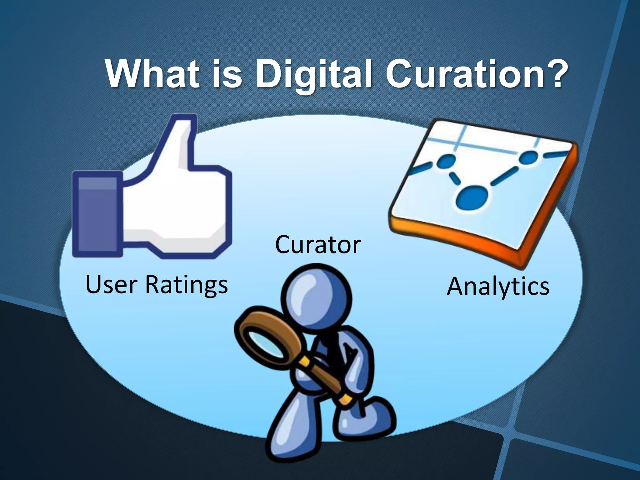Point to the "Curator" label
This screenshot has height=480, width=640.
click(x=318, y=245)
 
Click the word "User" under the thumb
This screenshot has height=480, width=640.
click(x=111, y=284)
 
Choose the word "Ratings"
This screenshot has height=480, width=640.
click(x=187, y=285)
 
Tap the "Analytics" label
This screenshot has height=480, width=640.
click(x=498, y=287)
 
